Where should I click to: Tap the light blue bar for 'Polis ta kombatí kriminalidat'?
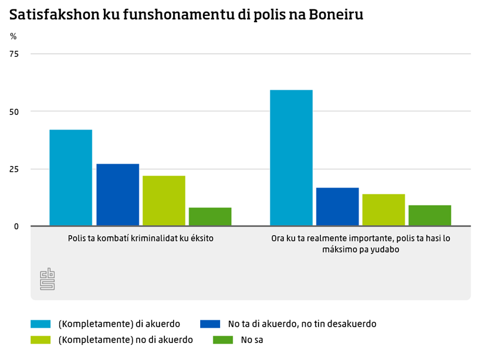70,178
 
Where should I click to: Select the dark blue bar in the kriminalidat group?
117,195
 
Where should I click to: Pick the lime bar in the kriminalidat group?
164,201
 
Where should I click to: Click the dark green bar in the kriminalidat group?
210,216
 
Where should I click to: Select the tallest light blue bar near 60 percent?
291,158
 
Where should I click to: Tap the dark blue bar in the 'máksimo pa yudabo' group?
337,206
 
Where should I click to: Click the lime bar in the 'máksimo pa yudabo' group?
384,210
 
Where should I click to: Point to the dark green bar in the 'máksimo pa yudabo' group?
430,215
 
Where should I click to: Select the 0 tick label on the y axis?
16,226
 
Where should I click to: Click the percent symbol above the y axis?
13,36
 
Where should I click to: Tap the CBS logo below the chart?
47,279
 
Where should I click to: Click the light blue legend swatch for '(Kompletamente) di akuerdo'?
40,324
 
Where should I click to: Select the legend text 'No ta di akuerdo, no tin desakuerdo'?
302,324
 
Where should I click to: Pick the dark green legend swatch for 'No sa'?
222,339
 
